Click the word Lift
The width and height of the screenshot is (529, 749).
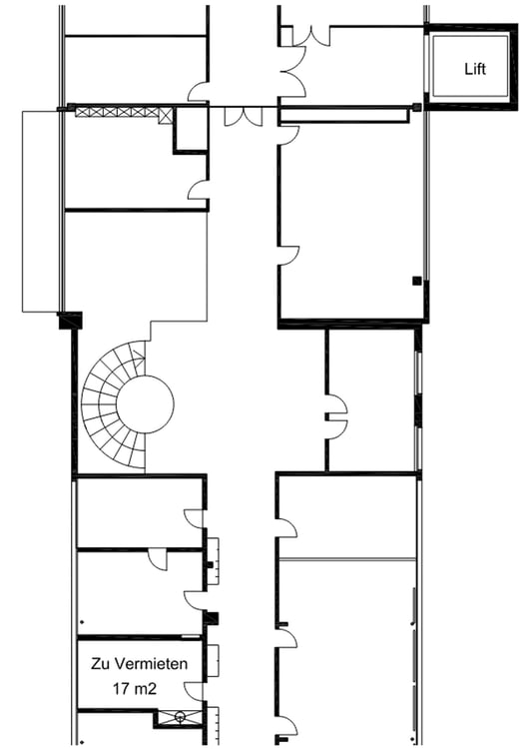475,69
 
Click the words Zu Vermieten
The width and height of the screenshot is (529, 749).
140,663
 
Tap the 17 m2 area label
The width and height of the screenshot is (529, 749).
135,688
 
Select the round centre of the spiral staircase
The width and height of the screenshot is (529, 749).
145,404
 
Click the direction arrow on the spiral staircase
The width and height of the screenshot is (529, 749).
140,355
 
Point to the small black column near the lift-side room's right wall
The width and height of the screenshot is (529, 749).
417,281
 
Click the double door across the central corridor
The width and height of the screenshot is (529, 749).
244,117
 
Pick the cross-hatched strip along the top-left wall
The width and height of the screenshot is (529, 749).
117,112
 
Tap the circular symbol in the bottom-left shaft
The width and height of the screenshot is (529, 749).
180,716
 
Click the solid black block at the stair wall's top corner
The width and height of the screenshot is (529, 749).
70,320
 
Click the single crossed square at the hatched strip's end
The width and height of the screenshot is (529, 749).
166,116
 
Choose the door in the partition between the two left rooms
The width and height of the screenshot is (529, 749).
158,559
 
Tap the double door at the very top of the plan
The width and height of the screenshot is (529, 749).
311,36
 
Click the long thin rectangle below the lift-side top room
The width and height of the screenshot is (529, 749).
343,116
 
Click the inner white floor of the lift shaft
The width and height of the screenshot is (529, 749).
470,66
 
